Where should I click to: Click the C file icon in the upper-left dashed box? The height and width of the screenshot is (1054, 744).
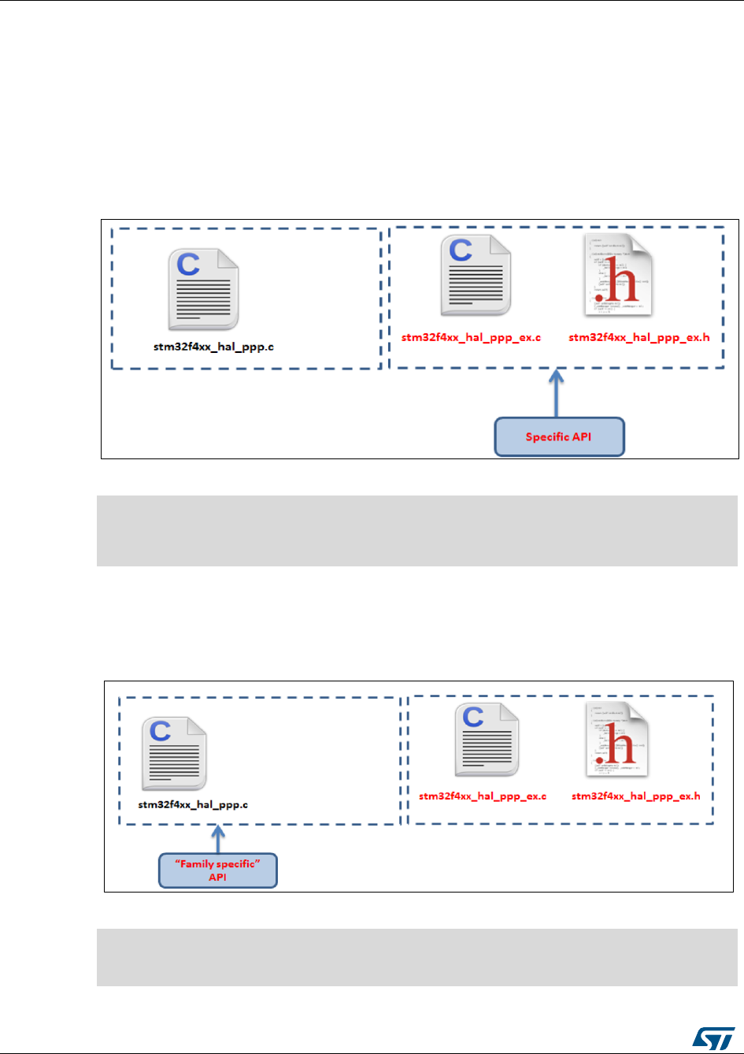[x=203, y=289]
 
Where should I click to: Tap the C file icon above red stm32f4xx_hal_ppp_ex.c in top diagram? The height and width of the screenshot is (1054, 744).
[x=475, y=276]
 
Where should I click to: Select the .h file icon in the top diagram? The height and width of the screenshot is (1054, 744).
[x=618, y=276]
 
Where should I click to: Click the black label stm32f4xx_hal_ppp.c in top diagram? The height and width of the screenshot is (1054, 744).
[x=213, y=346]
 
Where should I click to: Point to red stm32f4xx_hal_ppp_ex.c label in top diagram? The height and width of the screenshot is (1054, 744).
[x=471, y=337]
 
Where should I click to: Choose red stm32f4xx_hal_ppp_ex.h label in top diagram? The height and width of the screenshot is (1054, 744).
[x=639, y=337]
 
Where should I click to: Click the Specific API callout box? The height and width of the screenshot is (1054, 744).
[x=559, y=436]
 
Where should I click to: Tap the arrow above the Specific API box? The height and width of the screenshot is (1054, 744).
[x=557, y=393]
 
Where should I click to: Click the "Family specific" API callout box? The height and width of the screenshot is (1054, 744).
[x=218, y=870]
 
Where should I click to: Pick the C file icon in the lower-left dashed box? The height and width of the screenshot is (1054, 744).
[x=174, y=754]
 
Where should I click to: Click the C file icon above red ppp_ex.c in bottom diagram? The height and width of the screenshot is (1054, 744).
[x=487, y=740]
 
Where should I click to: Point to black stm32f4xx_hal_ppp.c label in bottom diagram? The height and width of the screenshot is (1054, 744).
[x=193, y=804]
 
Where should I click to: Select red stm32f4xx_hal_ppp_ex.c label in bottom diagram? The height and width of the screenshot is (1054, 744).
[x=482, y=796]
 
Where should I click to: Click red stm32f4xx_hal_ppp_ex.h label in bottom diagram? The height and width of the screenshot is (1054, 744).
[x=635, y=796]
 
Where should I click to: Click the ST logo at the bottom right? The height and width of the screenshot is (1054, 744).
[x=708, y=1034]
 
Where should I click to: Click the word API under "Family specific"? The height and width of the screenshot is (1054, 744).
[x=218, y=876]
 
